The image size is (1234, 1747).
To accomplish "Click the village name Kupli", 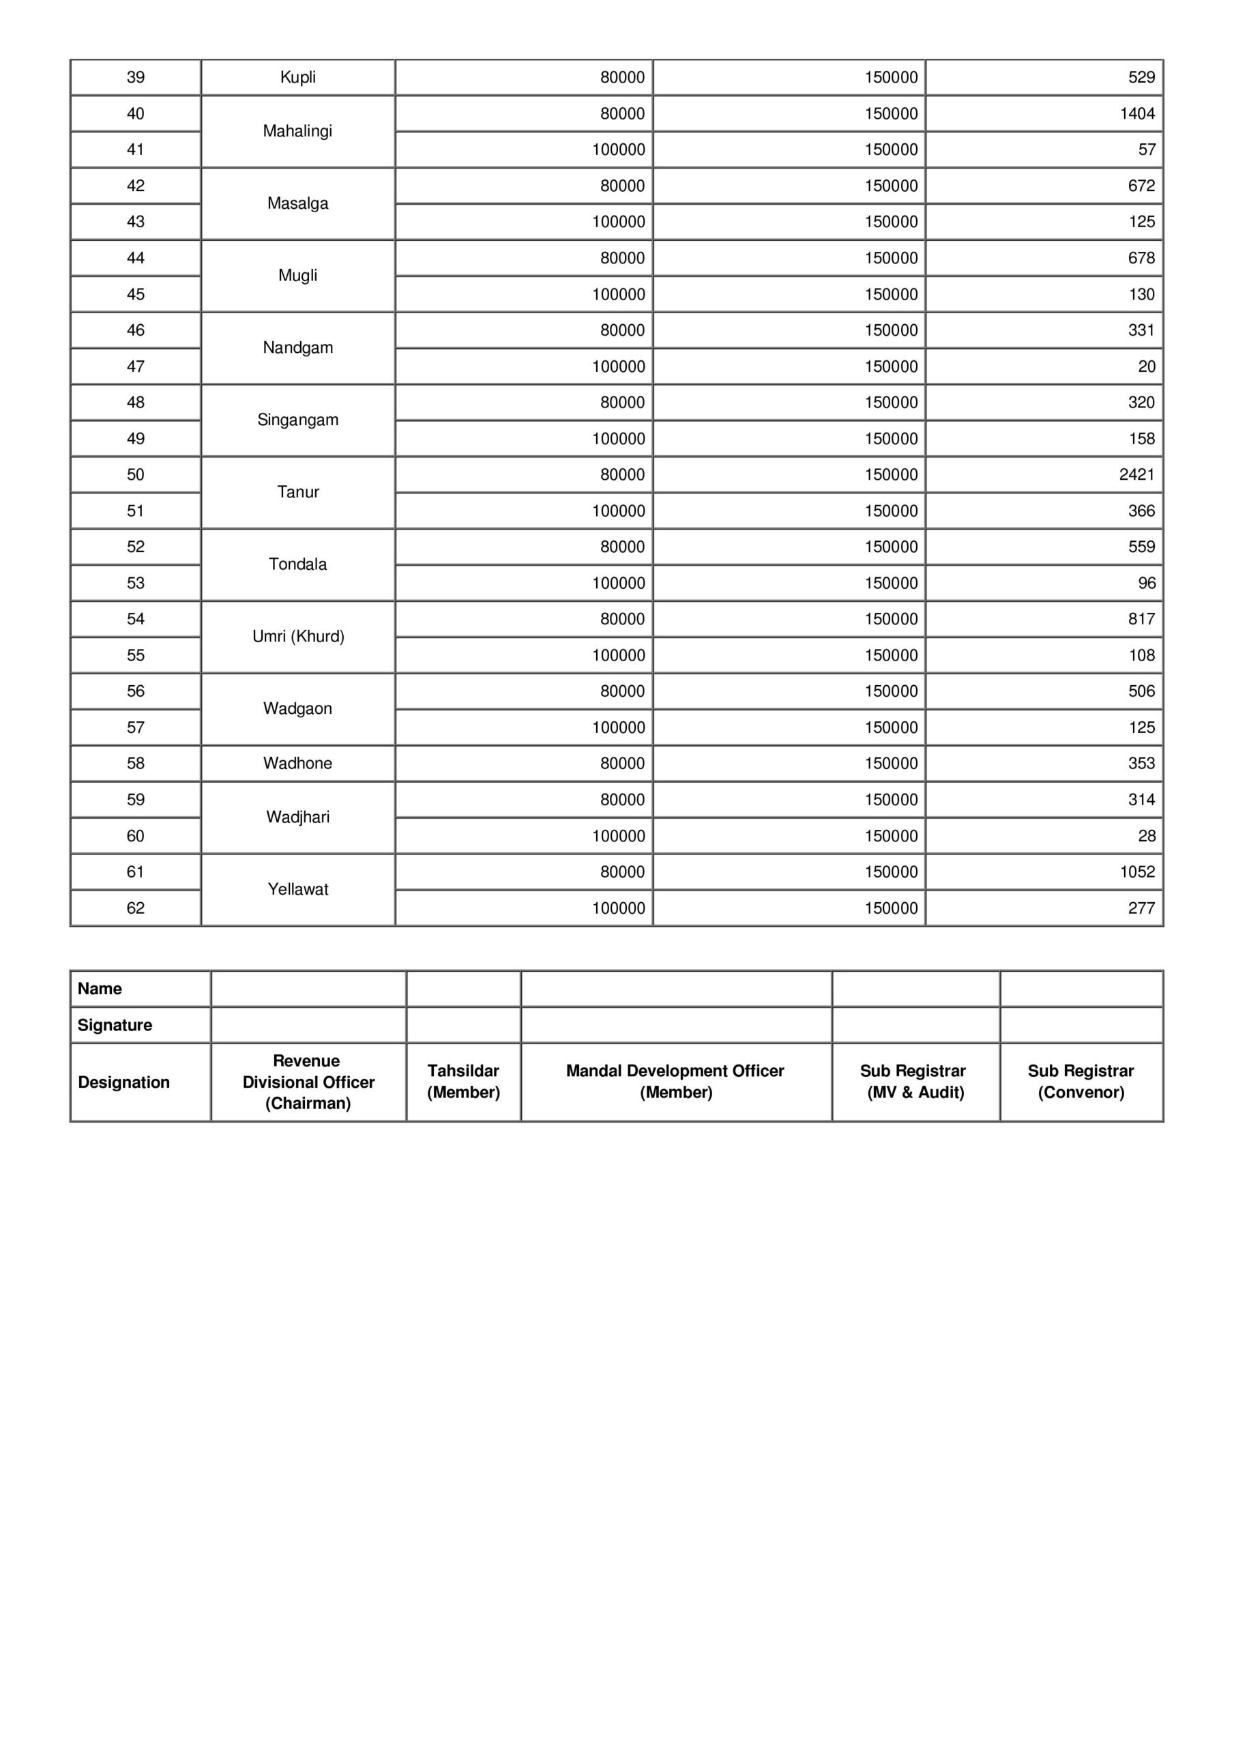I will [297, 78].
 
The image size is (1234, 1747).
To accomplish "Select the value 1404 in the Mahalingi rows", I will [1136, 113].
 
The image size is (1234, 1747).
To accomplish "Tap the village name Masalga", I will [297, 203].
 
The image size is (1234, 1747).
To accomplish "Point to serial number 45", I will [136, 294].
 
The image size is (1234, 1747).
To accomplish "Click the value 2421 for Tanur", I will [1136, 475].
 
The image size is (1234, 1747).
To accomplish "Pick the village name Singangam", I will [297, 420].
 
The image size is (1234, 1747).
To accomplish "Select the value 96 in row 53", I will [1146, 583].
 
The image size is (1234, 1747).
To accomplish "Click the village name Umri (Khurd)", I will [297, 637].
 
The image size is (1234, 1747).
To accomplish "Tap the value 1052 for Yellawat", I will [1136, 872].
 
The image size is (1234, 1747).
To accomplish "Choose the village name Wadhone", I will [297, 763].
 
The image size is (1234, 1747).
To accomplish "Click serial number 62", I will [136, 908].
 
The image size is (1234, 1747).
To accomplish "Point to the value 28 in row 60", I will [1146, 836].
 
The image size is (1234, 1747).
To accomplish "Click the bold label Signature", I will [115, 1025].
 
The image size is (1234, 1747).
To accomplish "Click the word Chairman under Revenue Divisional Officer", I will [308, 1103].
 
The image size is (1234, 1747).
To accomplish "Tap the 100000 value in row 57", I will [618, 727].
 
